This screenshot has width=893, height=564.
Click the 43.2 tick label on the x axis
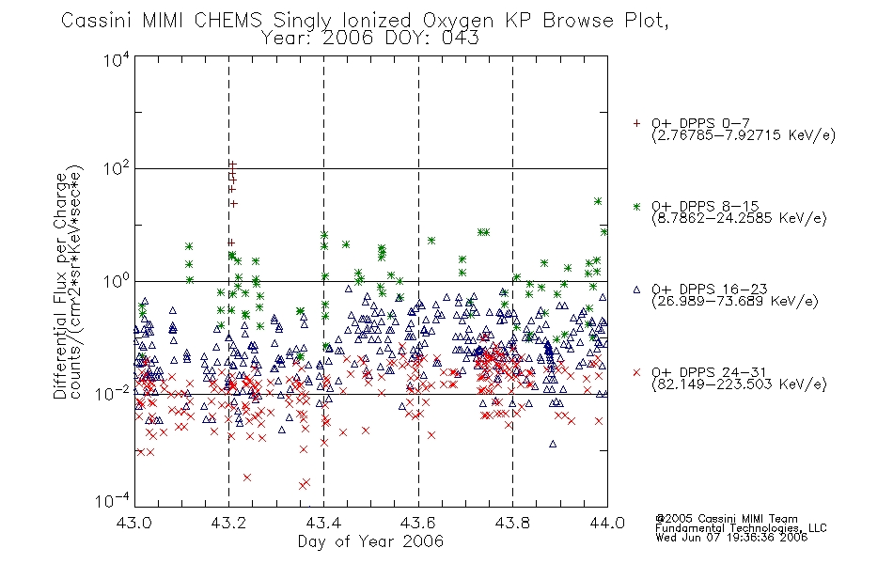(228, 523)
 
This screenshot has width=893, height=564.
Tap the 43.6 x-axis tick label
(418, 523)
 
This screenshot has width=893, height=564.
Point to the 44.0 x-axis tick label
(607, 523)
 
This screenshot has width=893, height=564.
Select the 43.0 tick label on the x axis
(133, 523)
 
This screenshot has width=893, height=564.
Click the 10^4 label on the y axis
(117, 59)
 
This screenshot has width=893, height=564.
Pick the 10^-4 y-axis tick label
(113, 500)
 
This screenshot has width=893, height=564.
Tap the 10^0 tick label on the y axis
(117, 281)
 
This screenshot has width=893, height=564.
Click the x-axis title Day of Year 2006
(370, 541)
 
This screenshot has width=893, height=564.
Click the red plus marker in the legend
(636, 123)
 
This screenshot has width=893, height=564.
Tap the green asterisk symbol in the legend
(636, 206)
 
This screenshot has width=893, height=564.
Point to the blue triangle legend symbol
(636, 290)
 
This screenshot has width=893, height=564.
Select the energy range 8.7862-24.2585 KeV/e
(739, 218)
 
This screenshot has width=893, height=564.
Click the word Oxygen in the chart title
(458, 21)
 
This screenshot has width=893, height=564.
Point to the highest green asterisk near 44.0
(598, 201)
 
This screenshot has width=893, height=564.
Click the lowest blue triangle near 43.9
(553, 444)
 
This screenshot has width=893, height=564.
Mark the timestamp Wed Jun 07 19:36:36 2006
(731, 538)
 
